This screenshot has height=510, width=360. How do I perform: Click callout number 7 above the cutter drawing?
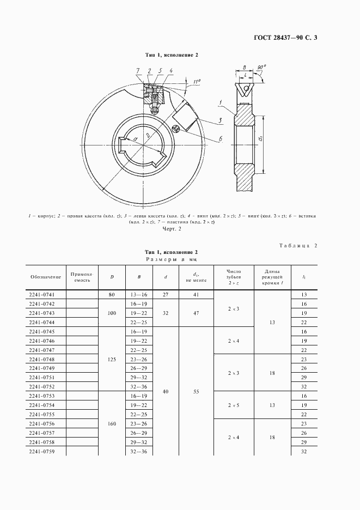click(138, 71)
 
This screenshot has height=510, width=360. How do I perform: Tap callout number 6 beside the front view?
click(221, 139)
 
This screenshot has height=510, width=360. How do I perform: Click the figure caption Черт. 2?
click(172, 229)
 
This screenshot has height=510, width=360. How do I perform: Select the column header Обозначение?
click(46, 277)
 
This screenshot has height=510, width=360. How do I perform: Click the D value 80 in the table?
click(112, 294)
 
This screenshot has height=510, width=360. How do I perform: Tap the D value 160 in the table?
click(112, 424)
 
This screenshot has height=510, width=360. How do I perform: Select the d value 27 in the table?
click(166, 294)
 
